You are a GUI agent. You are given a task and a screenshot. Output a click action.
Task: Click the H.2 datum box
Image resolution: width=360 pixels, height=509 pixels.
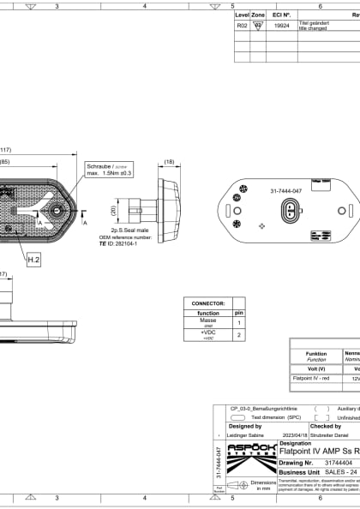(x=33, y=258)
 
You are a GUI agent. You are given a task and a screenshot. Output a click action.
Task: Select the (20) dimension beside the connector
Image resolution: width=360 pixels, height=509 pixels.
(x=114, y=209)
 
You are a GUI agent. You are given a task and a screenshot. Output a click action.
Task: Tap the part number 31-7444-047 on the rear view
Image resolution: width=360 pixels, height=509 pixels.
(x=285, y=190)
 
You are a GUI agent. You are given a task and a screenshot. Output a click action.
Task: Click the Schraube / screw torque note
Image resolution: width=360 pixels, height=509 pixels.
(x=109, y=169)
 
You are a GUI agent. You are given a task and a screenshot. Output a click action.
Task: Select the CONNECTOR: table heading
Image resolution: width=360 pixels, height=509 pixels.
(x=207, y=302)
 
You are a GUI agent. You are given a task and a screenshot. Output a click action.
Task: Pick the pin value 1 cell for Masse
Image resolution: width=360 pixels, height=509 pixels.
(x=239, y=323)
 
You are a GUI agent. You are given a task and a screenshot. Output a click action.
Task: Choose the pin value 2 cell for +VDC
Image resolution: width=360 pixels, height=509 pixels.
(x=239, y=335)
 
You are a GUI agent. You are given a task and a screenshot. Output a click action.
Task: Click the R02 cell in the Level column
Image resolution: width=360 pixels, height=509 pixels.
(x=242, y=27)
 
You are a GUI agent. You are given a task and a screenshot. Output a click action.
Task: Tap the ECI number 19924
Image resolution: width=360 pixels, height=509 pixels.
(x=281, y=27)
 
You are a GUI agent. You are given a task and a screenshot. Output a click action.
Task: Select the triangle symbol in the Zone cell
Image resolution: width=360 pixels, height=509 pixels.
(x=258, y=27)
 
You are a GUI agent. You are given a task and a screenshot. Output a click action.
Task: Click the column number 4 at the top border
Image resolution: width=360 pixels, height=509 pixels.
(x=145, y=6)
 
